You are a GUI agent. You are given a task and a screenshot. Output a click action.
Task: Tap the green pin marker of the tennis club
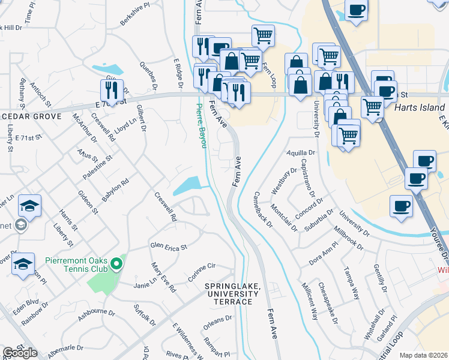119,261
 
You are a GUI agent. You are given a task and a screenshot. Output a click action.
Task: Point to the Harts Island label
420,108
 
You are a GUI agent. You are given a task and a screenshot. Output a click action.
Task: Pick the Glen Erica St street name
169,245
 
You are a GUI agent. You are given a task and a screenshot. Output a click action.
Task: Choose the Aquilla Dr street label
301,154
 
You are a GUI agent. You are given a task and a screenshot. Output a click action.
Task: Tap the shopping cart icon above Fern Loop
263,35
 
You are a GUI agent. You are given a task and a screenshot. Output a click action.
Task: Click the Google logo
20,353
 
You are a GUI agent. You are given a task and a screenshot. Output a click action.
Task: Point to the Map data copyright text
423,355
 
